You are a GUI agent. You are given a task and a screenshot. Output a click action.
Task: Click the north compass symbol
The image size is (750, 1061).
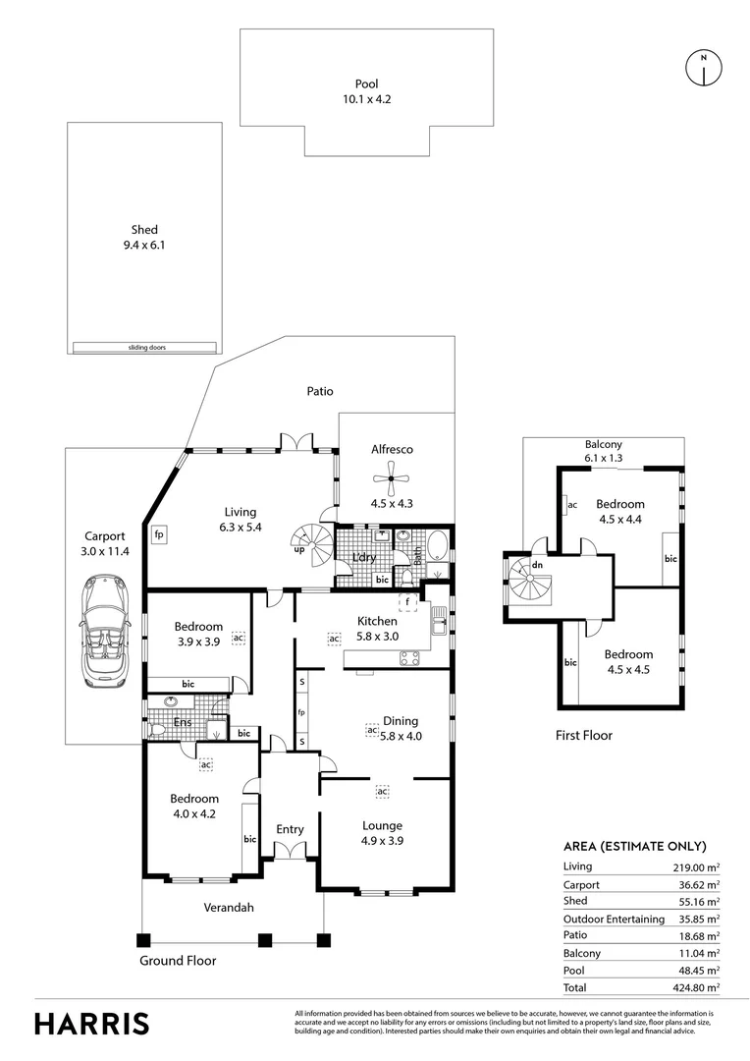point(703,67)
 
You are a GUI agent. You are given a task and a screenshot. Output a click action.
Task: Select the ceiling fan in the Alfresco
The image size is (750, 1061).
point(392,483)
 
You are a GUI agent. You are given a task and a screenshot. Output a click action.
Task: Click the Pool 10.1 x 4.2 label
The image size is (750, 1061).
point(365,91)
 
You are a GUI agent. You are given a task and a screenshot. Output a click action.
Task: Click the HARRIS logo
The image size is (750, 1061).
point(92,1023)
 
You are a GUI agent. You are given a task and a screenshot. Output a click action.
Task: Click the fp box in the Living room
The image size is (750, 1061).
point(158,535)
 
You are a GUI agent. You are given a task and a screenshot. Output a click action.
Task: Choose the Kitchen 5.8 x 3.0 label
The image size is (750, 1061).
point(377,629)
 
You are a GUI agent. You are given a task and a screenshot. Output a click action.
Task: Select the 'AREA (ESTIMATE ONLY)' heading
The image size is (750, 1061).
point(634,846)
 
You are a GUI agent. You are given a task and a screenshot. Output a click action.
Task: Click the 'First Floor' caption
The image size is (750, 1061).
point(584,735)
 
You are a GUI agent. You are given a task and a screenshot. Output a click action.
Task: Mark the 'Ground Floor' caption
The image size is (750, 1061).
point(178,961)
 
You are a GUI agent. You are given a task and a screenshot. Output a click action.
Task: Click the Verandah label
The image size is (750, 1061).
point(229,908)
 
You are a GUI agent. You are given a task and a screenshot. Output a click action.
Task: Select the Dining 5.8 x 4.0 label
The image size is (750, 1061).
point(401,727)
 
